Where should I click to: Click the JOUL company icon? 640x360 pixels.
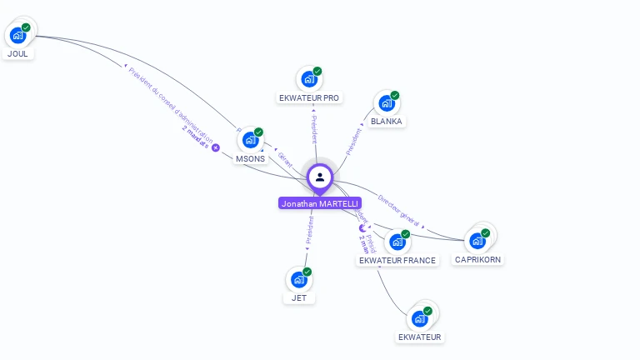(x=17, y=36)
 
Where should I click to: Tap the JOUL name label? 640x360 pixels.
(x=17, y=53)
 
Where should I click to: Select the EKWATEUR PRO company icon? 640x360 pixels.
(x=308, y=80)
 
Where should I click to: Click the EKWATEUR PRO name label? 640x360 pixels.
(x=309, y=97)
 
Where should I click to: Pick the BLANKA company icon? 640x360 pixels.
(x=386, y=103)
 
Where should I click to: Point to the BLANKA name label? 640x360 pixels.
(x=387, y=121)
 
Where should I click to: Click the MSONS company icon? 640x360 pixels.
(x=249, y=141)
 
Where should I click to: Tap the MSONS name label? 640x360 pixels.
(x=250, y=158)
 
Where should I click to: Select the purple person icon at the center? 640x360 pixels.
(x=320, y=177)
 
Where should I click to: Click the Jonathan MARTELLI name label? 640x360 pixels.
(x=320, y=203)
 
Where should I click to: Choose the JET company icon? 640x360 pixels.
(x=297, y=280)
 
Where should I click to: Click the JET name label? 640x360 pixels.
(x=298, y=297)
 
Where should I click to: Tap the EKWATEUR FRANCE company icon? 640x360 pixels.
(x=397, y=242)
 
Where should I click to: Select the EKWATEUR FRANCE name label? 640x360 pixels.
(x=397, y=260)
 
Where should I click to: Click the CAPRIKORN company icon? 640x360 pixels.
(x=477, y=241)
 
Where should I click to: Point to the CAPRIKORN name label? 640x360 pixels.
(x=478, y=259)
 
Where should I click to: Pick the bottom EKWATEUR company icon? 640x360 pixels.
(x=419, y=319)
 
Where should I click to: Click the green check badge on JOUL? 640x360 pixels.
(x=26, y=27)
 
